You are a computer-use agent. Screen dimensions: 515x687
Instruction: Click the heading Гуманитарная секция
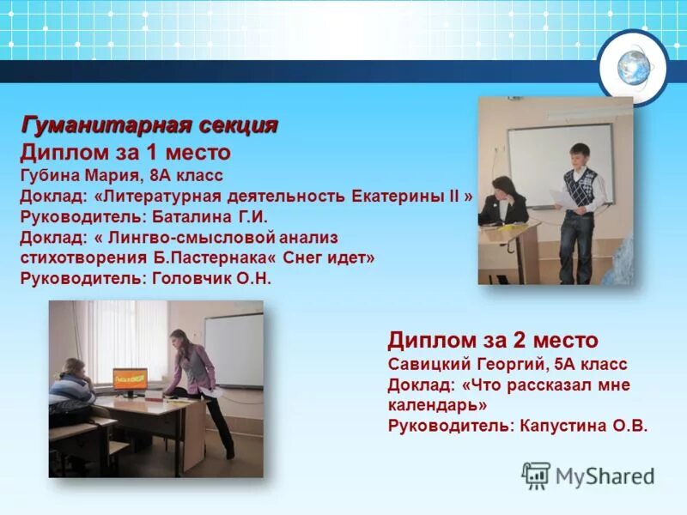pyautogui.click(x=149, y=125)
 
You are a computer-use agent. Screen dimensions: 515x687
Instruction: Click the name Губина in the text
pyautogui.click(x=51, y=175)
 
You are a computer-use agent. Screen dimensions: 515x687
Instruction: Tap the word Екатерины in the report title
pyautogui.click(x=398, y=196)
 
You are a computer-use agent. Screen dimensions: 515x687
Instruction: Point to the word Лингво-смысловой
pyautogui.click(x=192, y=237)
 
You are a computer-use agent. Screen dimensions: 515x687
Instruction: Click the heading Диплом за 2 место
pyautogui.click(x=492, y=339)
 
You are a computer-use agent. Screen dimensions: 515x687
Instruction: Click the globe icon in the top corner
pyautogui.click(x=634, y=66)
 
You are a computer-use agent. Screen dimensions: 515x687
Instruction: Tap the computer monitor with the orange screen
pyautogui.click(x=130, y=378)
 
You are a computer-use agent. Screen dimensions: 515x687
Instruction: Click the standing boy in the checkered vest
pyautogui.click(x=580, y=210)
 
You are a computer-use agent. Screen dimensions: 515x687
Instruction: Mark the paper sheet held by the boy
pyautogui.click(x=558, y=198)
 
